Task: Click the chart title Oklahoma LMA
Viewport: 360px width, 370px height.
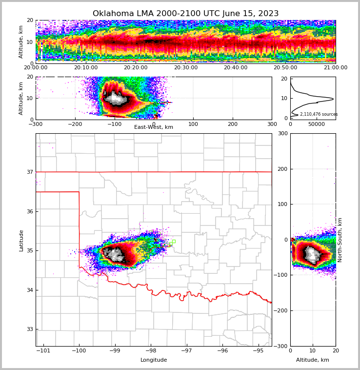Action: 185,14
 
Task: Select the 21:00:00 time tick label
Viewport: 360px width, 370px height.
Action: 335,68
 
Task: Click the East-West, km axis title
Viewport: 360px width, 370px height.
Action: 154,127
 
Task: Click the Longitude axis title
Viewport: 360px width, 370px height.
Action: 154,360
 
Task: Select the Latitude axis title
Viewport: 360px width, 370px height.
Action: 21,240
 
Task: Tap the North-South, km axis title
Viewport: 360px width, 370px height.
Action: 340,240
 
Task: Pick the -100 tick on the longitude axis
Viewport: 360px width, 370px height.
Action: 79,351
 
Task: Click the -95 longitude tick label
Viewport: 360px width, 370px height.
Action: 259,351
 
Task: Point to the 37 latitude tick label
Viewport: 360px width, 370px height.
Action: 30,172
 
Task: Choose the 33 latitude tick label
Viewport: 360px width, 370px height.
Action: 30,329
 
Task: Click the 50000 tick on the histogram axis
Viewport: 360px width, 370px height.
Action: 317,124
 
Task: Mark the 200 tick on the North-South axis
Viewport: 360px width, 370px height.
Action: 283,169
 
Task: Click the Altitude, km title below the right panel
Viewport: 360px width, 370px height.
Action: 313,360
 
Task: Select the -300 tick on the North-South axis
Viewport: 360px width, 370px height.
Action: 281,346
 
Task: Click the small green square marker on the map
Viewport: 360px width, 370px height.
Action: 173,241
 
